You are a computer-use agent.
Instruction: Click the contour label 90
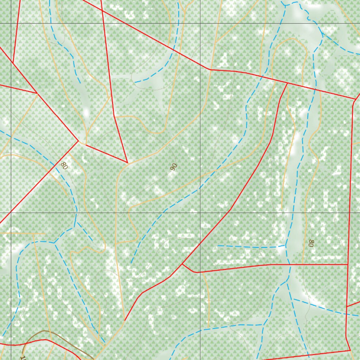[x=173, y=167]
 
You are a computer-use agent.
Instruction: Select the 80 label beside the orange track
[x=311, y=243]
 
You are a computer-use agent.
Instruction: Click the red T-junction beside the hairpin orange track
[x=288, y=83]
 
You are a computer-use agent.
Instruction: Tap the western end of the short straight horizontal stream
[x=218, y=245]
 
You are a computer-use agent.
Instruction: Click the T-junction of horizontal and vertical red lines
[x=348, y=264]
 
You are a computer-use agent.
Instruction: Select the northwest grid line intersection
[x=11, y=23]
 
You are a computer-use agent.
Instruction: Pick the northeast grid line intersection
[x=200, y=23]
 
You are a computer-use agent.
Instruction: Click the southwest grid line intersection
[x=11, y=212]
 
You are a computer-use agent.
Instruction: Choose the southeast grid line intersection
[x=200, y=212]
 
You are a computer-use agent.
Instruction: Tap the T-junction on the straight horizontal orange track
[x=32, y=233]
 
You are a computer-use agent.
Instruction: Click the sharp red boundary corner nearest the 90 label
[x=127, y=163]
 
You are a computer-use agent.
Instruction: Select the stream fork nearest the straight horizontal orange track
[x=55, y=242]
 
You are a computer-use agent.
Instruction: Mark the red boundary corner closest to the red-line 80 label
[x=78, y=141]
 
